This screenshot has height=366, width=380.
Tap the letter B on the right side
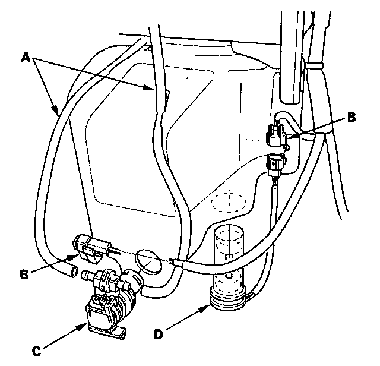coord(351,117)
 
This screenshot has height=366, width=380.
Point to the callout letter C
coord(36,350)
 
